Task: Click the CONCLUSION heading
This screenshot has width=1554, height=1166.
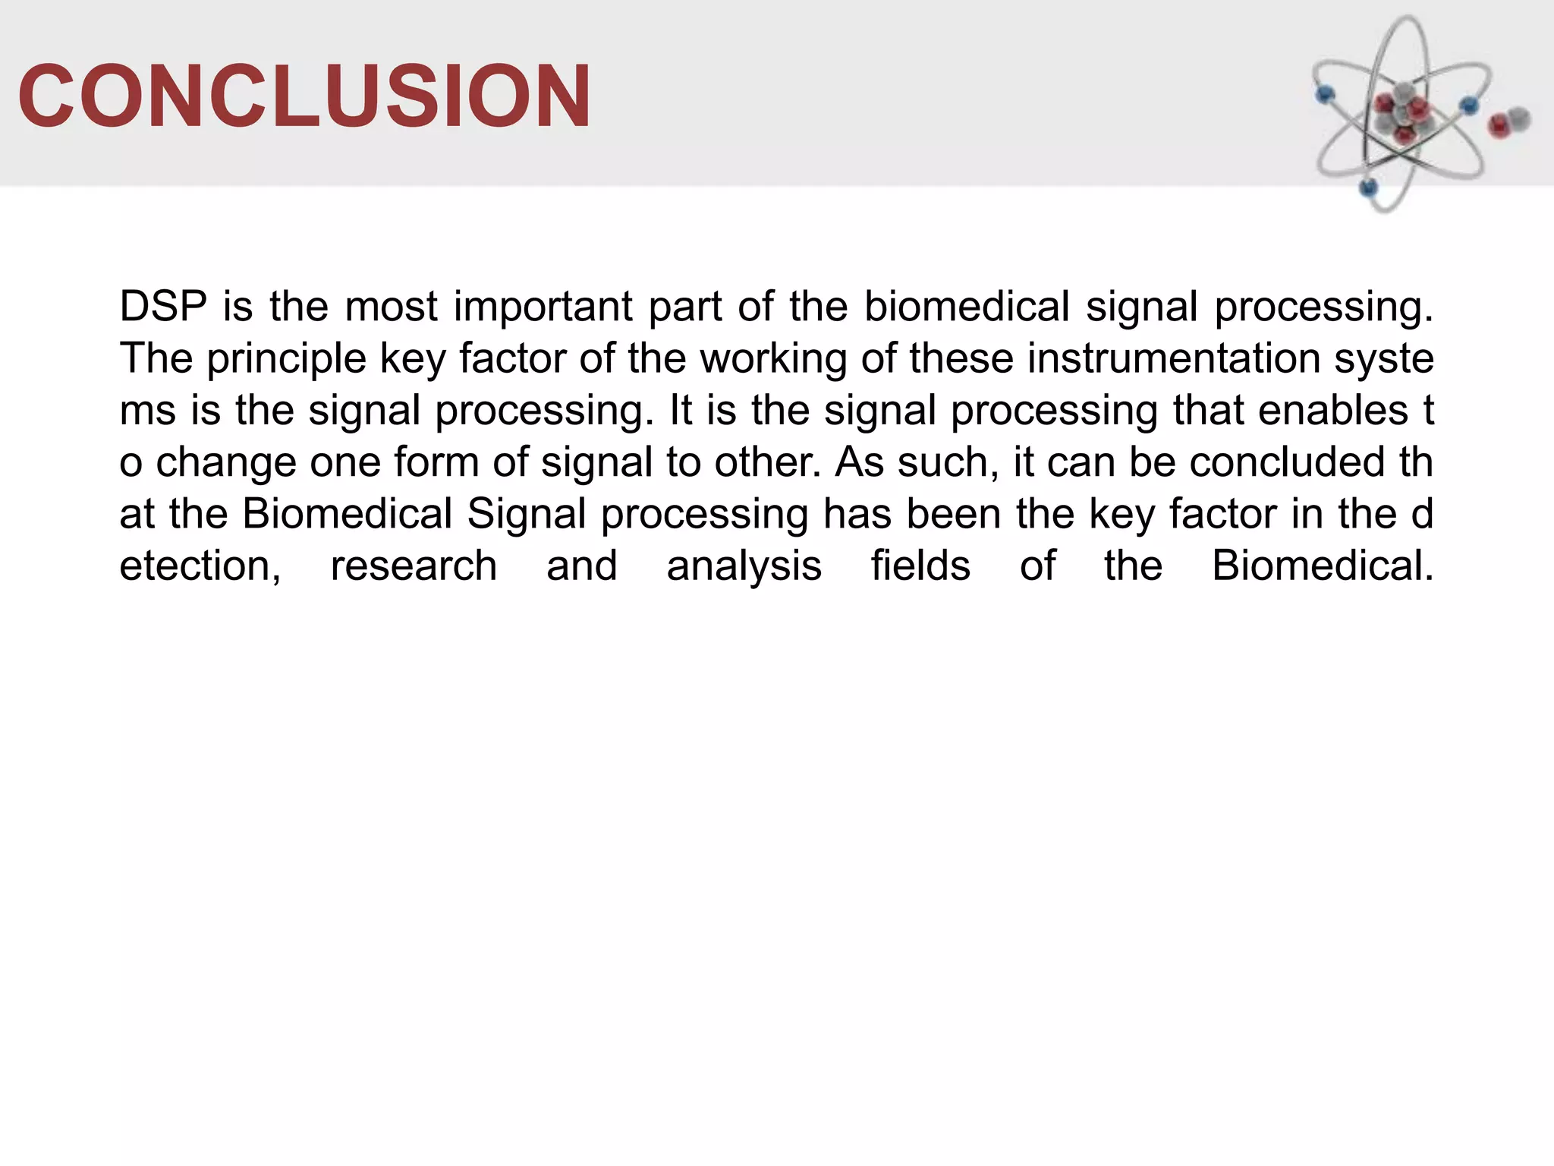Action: coord(304,96)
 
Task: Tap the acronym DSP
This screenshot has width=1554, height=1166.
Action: coord(163,307)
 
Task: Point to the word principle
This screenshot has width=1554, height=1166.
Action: coord(287,360)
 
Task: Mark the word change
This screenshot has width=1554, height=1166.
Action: coord(225,464)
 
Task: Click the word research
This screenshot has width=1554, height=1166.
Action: coord(414,566)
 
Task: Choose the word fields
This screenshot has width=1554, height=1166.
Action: coord(920,566)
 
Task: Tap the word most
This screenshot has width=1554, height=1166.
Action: coord(391,307)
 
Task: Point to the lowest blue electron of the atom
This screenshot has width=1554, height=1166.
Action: coord(1369,187)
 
